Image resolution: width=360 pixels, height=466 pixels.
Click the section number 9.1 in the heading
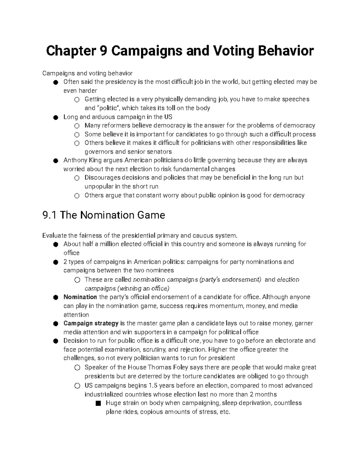pyautogui.click(x=49, y=215)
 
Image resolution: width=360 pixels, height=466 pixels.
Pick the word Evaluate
pyautogui.click(x=53, y=235)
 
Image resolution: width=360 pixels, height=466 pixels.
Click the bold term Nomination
pyautogui.click(x=80, y=297)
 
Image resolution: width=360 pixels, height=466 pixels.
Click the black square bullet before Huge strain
pyautogui.click(x=97, y=403)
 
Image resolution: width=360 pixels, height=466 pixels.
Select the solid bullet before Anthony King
pyautogui.click(x=55, y=161)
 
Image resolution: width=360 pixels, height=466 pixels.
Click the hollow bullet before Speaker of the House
pyautogui.click(x=77, y=368)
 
